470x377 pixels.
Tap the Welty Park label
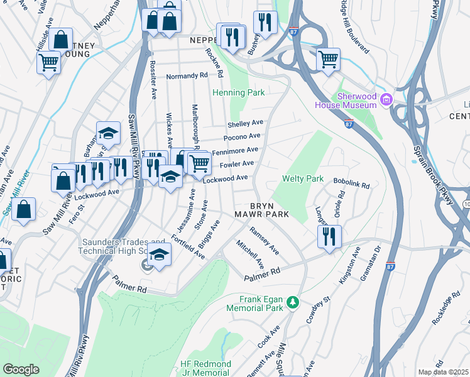click(x=302, y=179)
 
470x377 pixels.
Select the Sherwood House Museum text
click(x=356, y=101)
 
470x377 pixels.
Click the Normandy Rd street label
click(x=187, y=76)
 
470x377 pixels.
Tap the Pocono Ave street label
click(x=242, y=136)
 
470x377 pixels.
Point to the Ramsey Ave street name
click(x=264, y=241)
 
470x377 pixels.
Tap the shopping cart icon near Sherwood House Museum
click(x=328, y=60)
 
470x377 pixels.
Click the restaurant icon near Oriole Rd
click(x=329, y=237)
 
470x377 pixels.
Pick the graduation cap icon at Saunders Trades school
click(x=160, y=255)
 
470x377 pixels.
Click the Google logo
click(x=21, y=369)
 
